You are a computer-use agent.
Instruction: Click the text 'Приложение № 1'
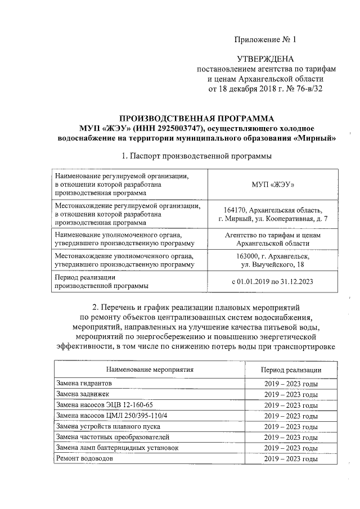[264, 39]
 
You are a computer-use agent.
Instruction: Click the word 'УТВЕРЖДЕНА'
[266, 59]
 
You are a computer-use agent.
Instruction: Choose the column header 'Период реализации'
[291, 370]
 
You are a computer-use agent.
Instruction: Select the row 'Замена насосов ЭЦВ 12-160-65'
[104, 405]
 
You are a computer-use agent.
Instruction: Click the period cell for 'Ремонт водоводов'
[291, 459]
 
